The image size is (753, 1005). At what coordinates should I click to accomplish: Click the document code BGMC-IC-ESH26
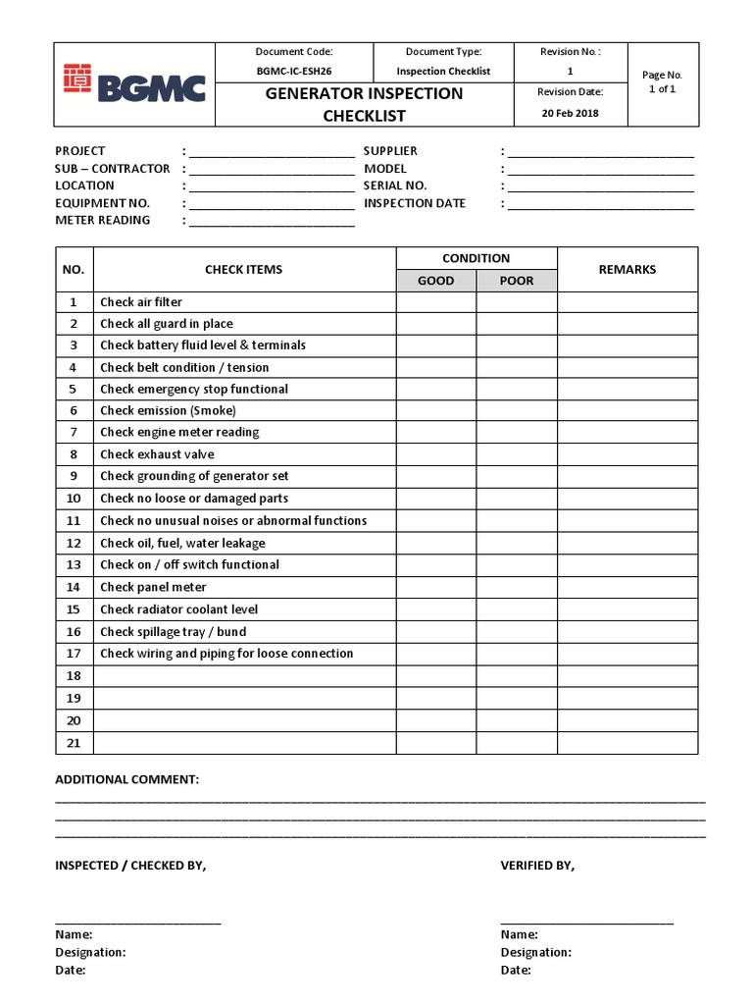pyautogui.click(x=294, y=72)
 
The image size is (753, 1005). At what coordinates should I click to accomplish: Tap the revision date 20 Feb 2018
pyautogui.click(x=570, y=113)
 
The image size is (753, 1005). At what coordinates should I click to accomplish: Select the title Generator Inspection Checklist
pyautogui.click(x=364, y=104)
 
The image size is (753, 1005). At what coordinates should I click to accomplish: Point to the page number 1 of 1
pyautogui.click(x=662, y=88)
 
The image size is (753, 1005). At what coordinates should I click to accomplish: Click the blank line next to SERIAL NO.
pyautogui.click(x=600, y=186)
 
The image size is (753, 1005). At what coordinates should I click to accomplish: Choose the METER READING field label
pyautogui.click(x=103, y=220)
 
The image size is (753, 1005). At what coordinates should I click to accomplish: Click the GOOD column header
pyautogui.click(x=436, y=281)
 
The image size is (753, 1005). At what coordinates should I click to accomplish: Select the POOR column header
pyautogui.click(x=517, y=281)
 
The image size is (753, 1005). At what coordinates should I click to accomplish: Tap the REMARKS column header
pyautogui.click(x=627, y=269)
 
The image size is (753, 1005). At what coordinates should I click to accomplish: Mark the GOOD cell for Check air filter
pyautogui.click(x=436, y=302)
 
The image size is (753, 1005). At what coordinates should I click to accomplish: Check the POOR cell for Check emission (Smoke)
pyautogui.click(x=517, y=410)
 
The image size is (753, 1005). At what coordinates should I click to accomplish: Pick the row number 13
pyautogui.click(x=74, y=564)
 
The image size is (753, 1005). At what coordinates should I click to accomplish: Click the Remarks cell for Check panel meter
pyautogui.click(x=627, y=587)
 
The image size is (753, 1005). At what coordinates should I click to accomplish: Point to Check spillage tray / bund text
pyautogui.click(x=174, y=632)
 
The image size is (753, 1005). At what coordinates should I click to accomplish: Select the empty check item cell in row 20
pyautogui.click(x=244, y=720)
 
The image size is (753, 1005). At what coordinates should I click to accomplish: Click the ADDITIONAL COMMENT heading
pyautogui.click(x=126, y=779)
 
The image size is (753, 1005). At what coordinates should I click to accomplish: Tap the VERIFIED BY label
pyautogui.click(x=537, y=866)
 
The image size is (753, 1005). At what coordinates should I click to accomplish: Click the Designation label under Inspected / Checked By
pyautogui.click(x=90, y=952)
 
